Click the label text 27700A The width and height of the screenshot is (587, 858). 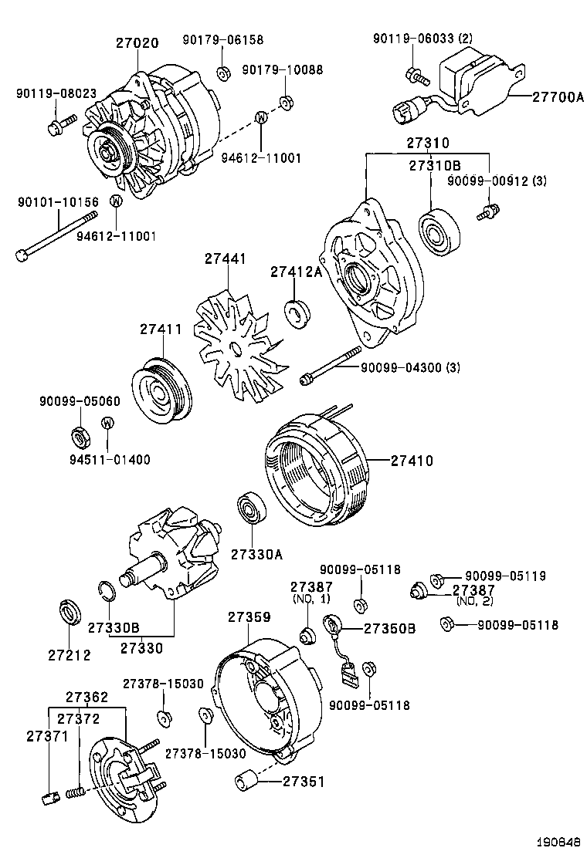(x=558, y=96)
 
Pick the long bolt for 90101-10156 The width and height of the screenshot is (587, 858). (x=58, y=234)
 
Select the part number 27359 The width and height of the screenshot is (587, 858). (x=249, y=617)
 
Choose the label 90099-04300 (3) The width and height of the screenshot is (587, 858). (x=410, y=368)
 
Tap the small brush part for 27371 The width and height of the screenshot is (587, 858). (x=48, y=797)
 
